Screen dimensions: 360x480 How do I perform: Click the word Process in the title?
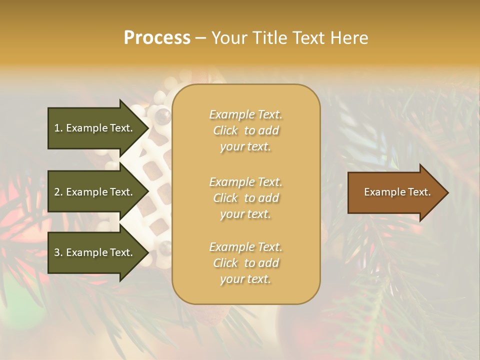coord(157,38)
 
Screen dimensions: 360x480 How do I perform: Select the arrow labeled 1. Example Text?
coord(95,128)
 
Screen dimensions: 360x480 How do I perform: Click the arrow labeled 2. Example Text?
coord(95,192)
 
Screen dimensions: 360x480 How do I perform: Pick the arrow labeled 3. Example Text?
coord(95,252)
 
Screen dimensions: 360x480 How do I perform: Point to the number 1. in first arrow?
coord(58,128)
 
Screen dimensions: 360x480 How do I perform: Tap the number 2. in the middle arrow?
coord(58,192)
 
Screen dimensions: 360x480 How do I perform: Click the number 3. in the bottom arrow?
coord(58,252)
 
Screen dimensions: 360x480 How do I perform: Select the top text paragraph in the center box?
coord(245,130)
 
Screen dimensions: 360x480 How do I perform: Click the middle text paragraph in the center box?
coord(245,198)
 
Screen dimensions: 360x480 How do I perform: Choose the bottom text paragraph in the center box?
coord(245,263)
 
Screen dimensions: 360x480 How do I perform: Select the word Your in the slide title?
coord(229,38)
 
